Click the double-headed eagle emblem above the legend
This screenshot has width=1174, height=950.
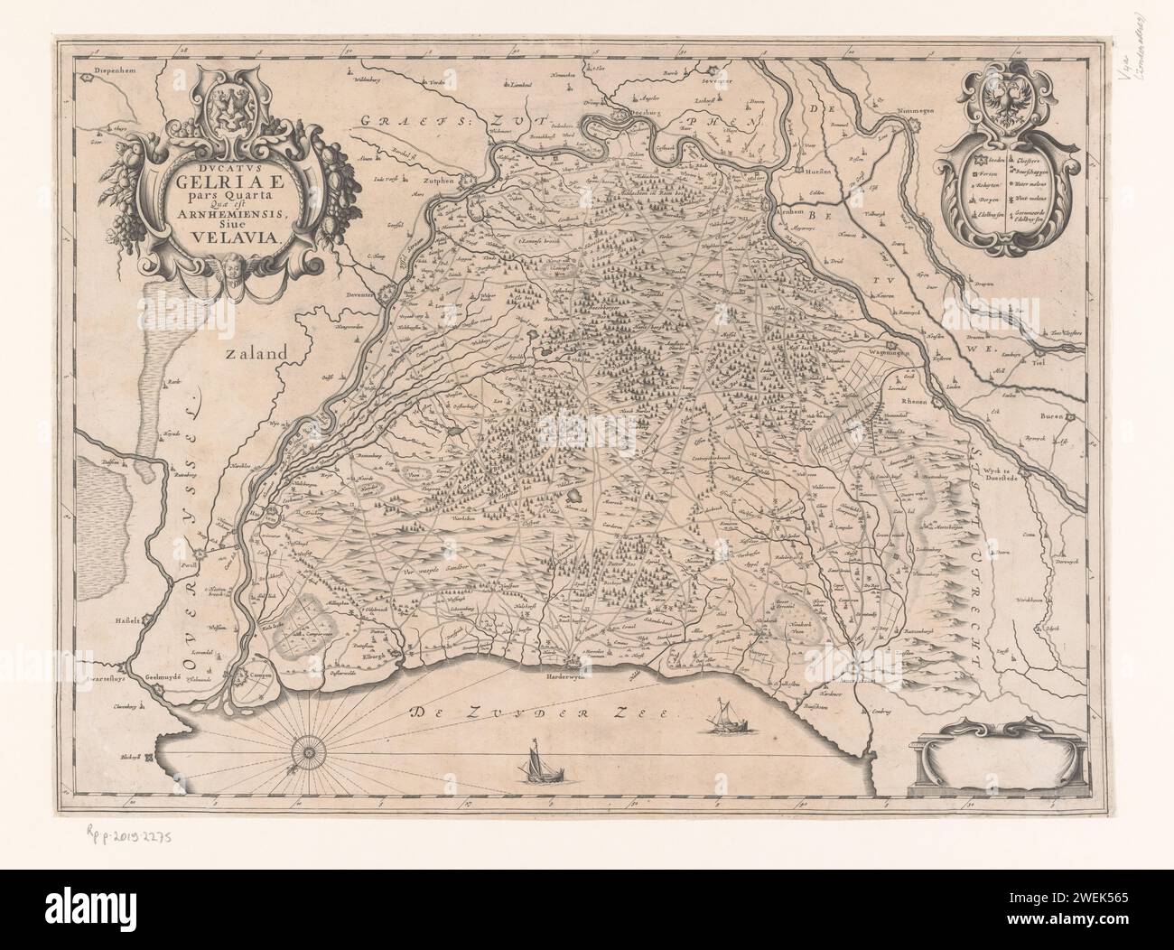click(x=1006, y=101)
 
